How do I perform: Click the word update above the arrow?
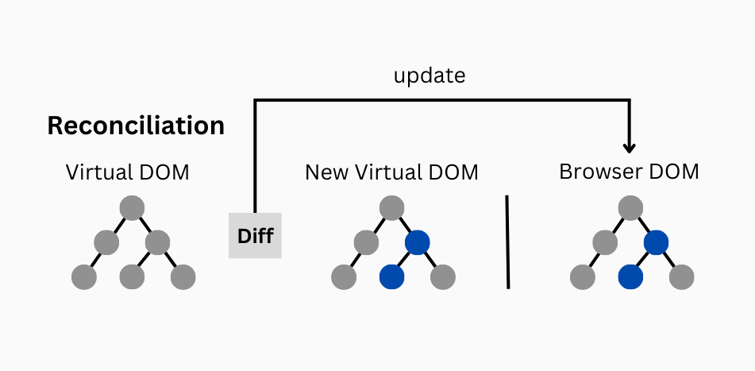(x=430, y=76)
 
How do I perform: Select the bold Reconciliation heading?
(x=136, y=126)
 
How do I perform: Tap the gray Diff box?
(x=255, y=236)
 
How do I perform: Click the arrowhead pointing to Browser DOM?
(x=630, y=146)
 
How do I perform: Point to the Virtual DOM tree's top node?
(x=132, y=208)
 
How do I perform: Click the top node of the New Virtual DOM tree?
(x=391, y=208)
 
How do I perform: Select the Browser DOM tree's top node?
(x=629, y=208)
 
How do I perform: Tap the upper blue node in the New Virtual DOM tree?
(x=417, y=242)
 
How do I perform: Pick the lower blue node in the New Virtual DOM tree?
(x=392, y=276)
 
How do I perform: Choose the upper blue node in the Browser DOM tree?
(x=655, y=242)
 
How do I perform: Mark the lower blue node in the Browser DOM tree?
(x=630, y=276)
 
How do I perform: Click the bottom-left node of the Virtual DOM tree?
(x=83, y=276)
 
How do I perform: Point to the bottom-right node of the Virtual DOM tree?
(x=182, y=276)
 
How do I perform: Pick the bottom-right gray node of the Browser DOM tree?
(x=681, y=276)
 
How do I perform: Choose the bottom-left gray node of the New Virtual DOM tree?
(x=343, y=276)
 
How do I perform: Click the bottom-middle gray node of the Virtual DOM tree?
(x=133, y=276)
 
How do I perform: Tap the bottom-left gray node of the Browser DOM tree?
(x=583, y=276)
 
